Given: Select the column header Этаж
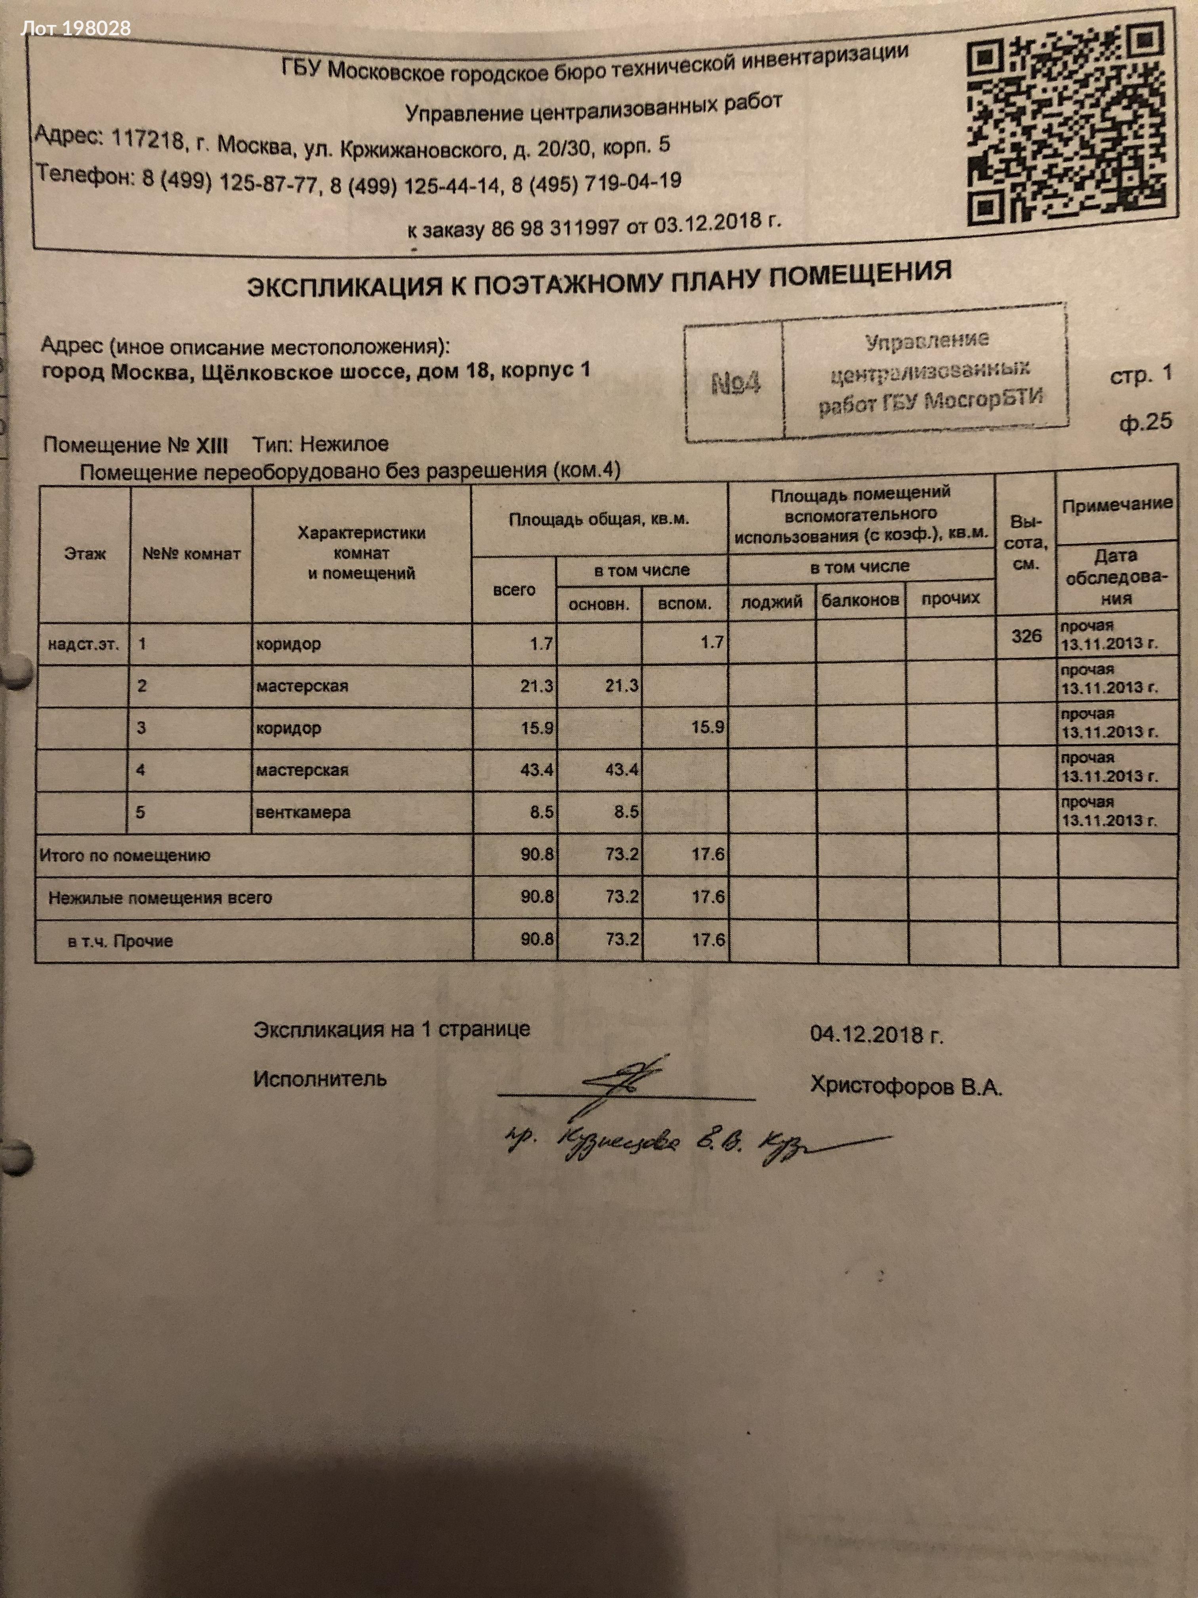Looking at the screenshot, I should tap(84, 554).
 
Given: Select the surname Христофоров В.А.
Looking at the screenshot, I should tap(906, 1086).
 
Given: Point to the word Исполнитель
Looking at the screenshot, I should tap(320, 1079).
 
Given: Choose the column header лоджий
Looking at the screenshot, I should tap(771, 601).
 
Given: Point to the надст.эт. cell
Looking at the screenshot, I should tap(83, 644).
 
